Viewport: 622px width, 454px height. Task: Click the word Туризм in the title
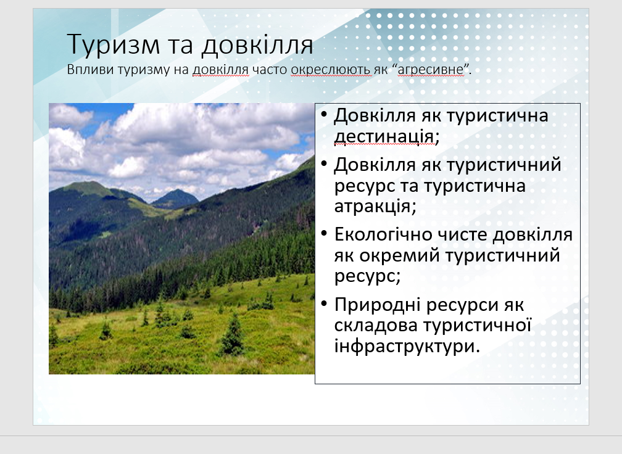(114, 45)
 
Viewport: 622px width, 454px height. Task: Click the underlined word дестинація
(384, 136)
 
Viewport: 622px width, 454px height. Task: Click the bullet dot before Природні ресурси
(324, 304)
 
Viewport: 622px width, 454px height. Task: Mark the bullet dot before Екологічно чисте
(324, 234)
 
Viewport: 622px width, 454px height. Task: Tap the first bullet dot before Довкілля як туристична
(324, 115)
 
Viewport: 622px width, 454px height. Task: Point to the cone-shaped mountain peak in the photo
(175, 197)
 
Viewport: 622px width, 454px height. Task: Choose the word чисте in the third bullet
(462, 235)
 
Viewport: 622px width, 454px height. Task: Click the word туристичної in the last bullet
(477, 325)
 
